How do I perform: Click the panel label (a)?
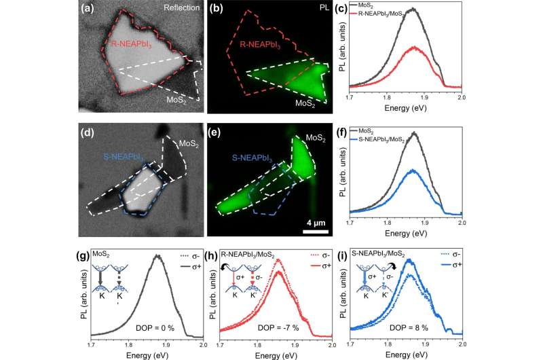[91, 9]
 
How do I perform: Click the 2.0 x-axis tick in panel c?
[461, 98]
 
